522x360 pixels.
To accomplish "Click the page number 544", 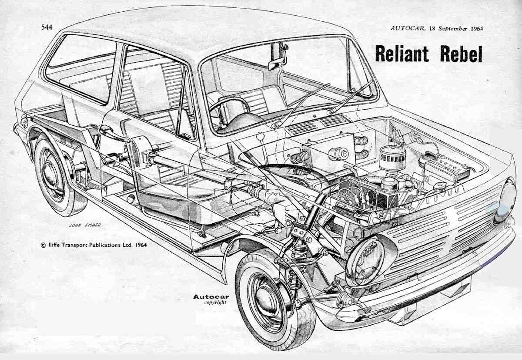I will coord(47,27).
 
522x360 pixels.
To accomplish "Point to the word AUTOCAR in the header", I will coord(405,28).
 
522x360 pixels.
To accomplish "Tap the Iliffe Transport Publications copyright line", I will coord(94,245).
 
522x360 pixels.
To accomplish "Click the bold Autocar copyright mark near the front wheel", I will coord(211,297).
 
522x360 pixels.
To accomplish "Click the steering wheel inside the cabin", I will coord(235,111).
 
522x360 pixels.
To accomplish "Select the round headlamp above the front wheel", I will coord(365,260).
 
